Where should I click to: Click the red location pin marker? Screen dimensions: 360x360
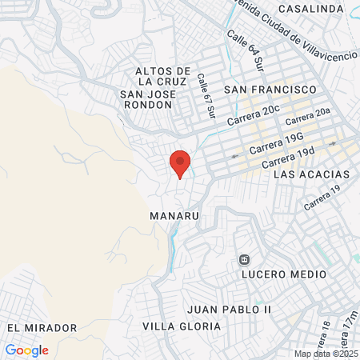[x=180, y=163]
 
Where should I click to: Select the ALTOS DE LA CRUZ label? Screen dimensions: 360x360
[x=163, y=75]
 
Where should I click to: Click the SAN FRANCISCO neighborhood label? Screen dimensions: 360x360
[x=271, y=89]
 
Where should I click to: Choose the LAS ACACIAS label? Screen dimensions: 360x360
[x=311, y=174]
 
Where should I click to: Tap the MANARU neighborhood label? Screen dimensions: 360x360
[x=174, y=216]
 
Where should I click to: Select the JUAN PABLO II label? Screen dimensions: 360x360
[x=230, y=309]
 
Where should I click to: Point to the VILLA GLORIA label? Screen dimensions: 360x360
[x=182, y=326]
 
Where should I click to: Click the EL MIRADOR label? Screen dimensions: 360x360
[x=42, y=328]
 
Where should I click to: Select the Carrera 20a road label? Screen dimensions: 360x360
[x=307, y=118]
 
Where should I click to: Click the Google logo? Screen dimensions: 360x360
[x=26, y=350]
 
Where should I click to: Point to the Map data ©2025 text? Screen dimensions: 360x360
[x=326, y=354]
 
